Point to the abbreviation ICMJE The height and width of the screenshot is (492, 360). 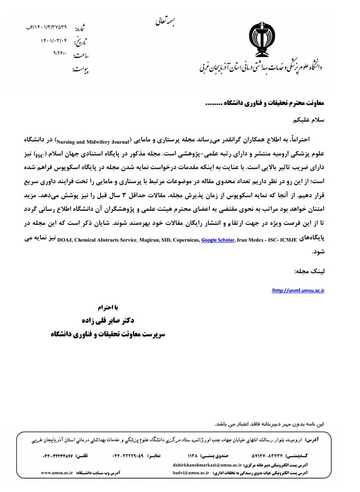click(x=287, y=240)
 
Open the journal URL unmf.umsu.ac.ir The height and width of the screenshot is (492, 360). click(x=299, y=290)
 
